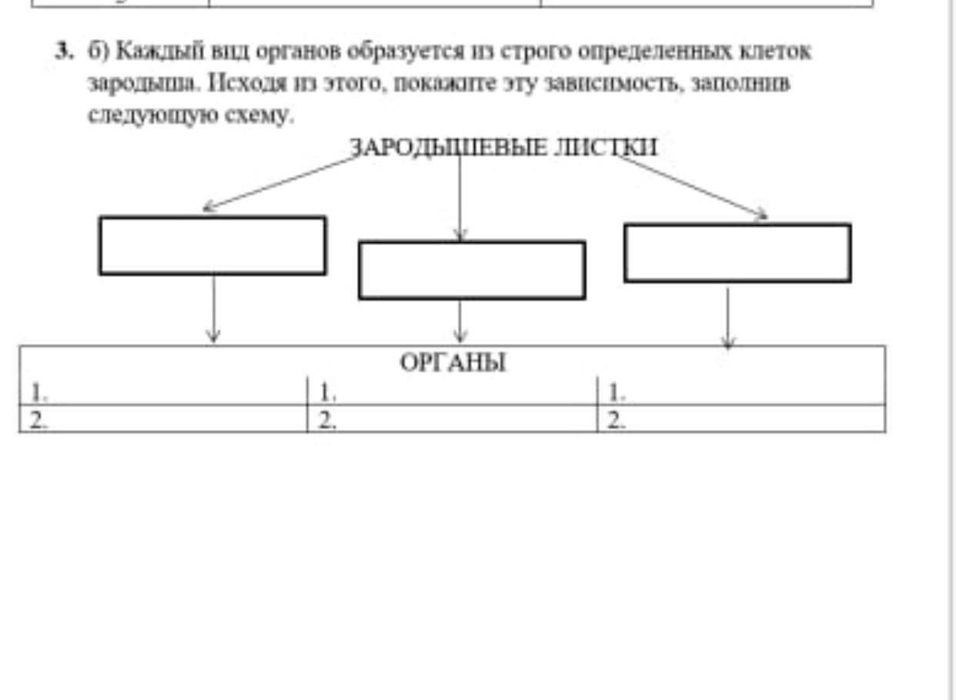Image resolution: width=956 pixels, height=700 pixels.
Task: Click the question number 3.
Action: point(64,52)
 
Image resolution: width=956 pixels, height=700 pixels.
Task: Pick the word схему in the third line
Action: point(259,115)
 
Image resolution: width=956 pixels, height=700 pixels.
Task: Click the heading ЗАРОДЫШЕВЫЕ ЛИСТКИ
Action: point(503,148)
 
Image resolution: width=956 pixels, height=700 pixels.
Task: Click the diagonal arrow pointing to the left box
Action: point(282,183)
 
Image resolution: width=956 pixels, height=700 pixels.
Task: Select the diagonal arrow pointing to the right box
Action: point(692,187)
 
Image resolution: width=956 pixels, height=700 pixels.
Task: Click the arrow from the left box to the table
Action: point(213,309)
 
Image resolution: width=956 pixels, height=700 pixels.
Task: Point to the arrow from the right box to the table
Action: point(728,318)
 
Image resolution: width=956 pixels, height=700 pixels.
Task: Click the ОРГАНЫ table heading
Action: point(453,363)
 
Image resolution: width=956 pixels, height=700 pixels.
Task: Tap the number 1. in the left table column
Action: point(38,392)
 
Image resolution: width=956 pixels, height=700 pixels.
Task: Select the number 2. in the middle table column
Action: point(327,422)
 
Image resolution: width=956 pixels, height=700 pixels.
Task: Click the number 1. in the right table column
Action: point(617,392)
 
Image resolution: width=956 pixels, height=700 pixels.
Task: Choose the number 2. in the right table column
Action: point(617,422)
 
